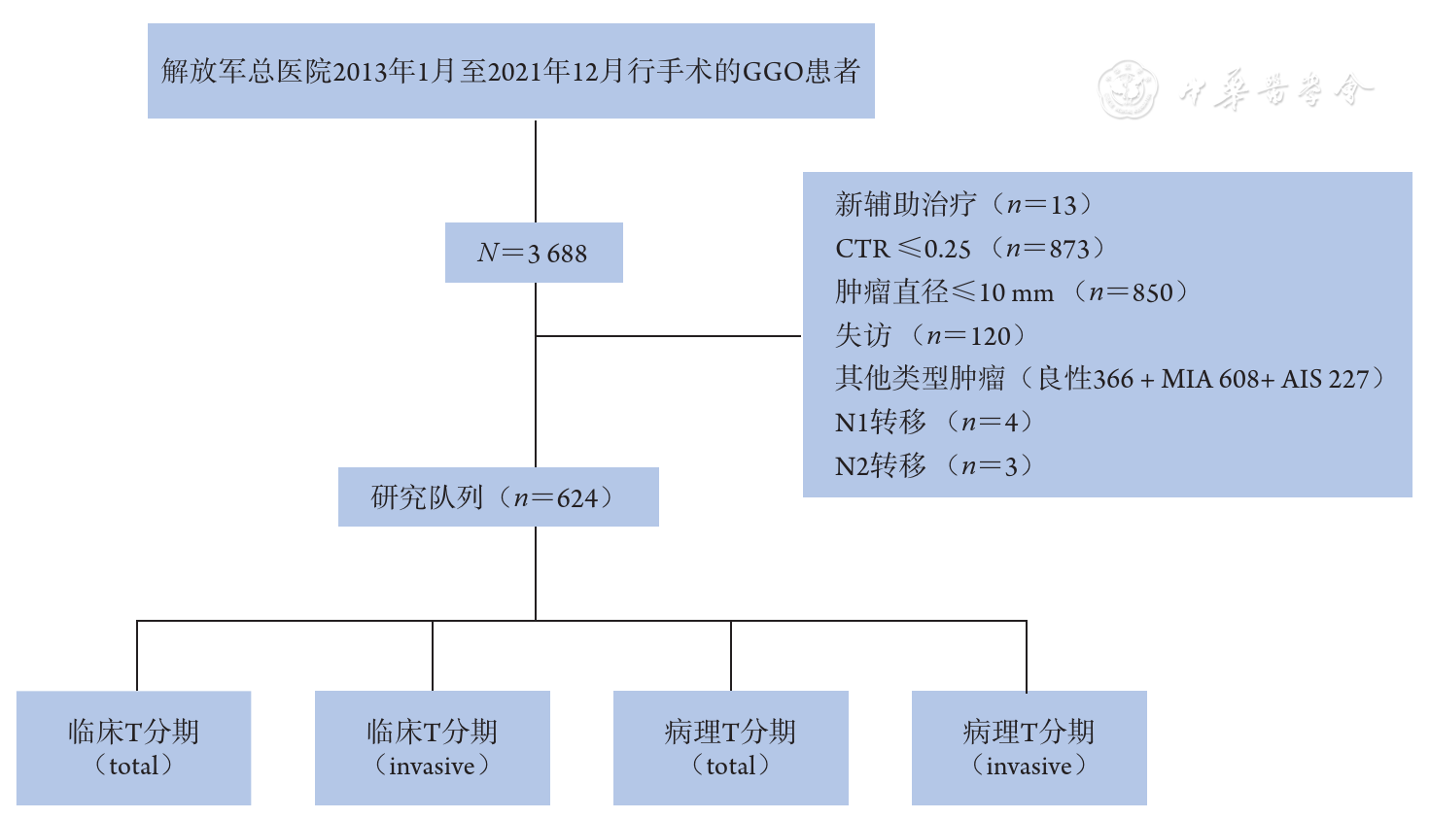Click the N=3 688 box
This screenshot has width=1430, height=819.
point(533,253)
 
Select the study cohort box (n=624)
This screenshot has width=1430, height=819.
point(498,497)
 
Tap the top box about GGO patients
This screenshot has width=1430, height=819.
point(510,71)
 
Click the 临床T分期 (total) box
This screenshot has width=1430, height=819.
point(133,747)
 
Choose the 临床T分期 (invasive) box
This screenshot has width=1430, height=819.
point(432,747)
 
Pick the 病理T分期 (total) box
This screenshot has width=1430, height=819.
point(730,747)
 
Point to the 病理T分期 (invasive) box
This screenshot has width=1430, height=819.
point(1029,747)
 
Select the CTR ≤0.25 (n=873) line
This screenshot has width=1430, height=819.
point(970,249)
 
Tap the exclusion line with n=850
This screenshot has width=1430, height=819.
point(1011,292)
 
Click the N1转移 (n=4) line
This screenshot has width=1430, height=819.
point(934,423)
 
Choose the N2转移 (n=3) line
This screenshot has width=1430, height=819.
point(934,466)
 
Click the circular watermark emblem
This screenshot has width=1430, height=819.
point(1128,90)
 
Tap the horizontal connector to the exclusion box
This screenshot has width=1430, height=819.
point(669,336)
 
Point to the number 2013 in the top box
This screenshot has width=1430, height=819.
point(360,72)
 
